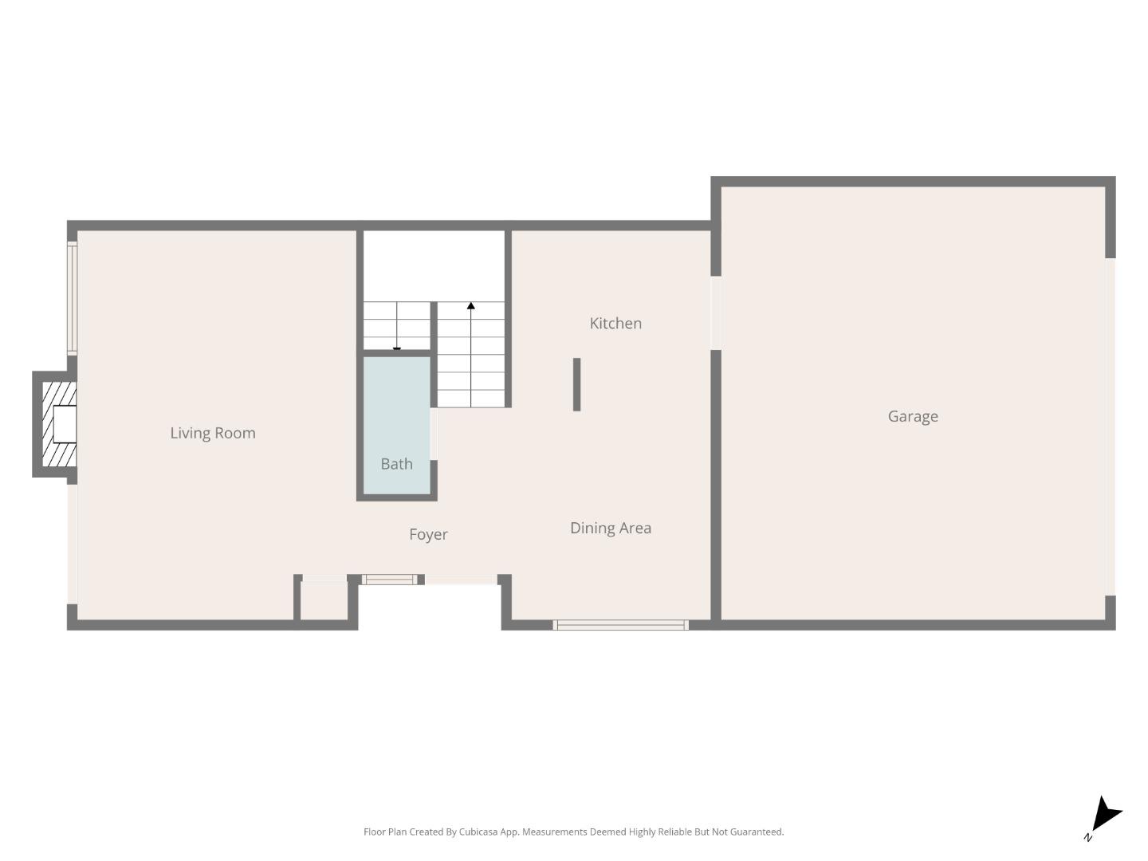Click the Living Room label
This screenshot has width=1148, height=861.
(x=213, y=433)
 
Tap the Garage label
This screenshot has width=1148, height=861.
(x=913, y=416)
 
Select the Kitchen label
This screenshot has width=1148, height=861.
(x=615, y=323)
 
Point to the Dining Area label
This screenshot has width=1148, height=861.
(x=611, y=528)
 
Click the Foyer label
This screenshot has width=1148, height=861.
(x=428, y=534)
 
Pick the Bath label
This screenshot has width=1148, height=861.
(x=396, y=464)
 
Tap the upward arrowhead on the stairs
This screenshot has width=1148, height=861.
(x=471, y=306)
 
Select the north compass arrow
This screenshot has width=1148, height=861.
(x=1105, y=816)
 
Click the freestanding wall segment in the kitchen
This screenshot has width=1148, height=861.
(x=576, y=384)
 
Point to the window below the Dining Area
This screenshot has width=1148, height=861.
(x=620, y=625)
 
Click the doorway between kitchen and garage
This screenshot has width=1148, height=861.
(x=716, y=313)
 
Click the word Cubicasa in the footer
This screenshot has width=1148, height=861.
(x=478, y=832)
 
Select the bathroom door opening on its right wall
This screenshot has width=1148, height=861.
(x=434, y=434)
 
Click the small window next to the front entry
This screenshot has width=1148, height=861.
(x=389, y=580)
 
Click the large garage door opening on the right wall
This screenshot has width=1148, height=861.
(x=1110, y=427)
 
